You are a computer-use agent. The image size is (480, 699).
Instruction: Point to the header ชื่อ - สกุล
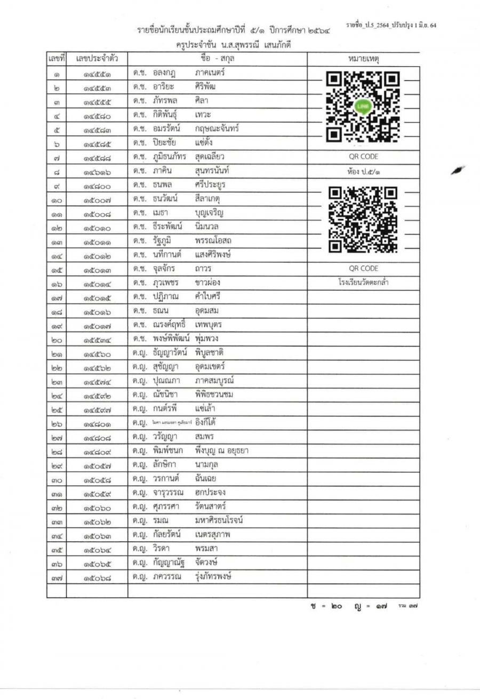pos(218,57)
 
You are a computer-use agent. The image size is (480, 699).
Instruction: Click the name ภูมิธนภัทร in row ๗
pos(167,157)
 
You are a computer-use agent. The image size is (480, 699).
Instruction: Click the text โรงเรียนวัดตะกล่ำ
pos(363,282)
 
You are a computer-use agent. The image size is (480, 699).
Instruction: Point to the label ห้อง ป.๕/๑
pos(363,171)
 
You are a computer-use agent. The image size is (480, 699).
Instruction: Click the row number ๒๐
pos(56,339)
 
